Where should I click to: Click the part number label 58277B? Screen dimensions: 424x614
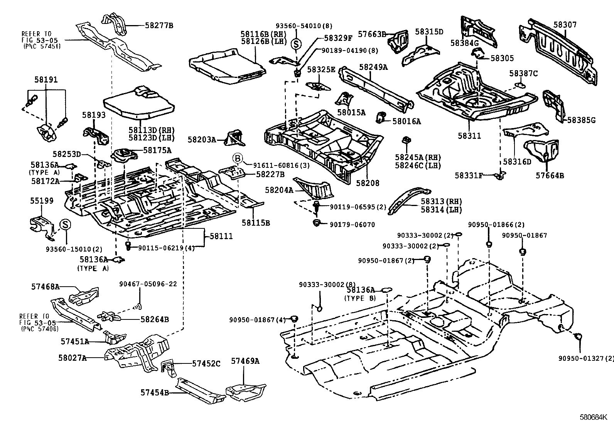pyautogui.click(x=159, y=26)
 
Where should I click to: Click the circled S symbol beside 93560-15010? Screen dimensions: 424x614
pyautogui.click(x=65, y=225)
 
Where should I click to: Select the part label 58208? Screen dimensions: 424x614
pyautogui.click(x=368, y=183)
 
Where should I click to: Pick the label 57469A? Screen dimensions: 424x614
pyautogui.click(x=245, y=361)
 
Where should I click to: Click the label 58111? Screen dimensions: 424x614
pyautogui.click(x=221, y=236)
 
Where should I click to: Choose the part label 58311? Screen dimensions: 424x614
pyautogui.click(x=469, y=136)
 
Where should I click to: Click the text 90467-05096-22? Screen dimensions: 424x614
pyautogui.click(x=148, y=284)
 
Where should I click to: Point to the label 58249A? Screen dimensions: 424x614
pyautogui.click(x=373, y=67)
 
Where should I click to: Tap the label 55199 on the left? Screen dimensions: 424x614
pyautogui.click(x=42, y=201)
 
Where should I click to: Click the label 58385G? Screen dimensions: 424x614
pyautogui.click(x=581, y=120)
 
